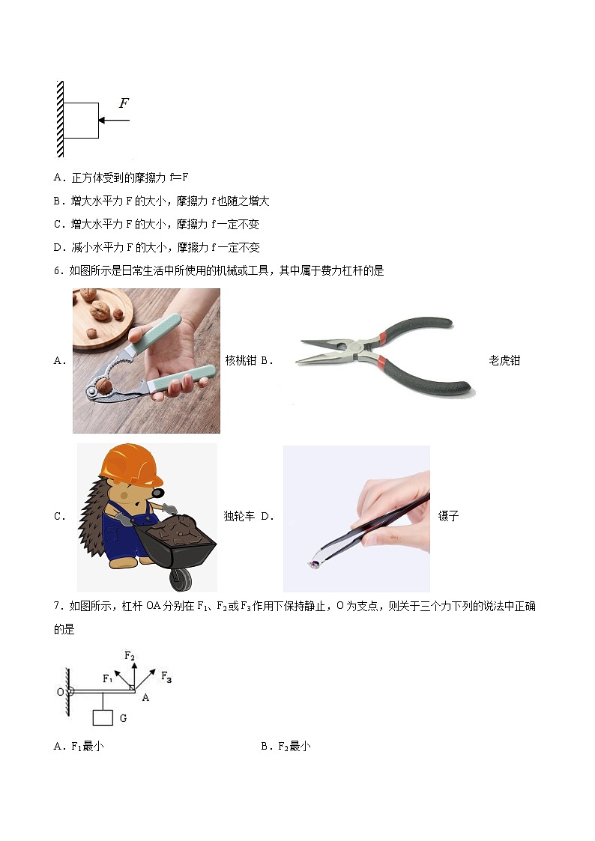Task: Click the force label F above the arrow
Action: coord(124,103)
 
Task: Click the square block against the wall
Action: coord(80,121)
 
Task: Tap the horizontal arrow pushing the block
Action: coord(114,120)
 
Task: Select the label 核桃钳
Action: coord(241,360)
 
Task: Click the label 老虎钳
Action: coord(504,360)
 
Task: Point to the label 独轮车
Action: coord(239,516)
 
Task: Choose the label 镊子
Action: coord(448,516)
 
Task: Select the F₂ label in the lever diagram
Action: coord(130,657)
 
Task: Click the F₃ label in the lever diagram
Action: coord(166,678)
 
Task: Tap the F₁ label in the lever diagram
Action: coord(108,678)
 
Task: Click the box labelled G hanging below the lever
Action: coord(103,717)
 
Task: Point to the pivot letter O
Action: coord(60,691)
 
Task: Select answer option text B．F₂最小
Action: coord(286,746)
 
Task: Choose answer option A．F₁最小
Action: coord(79,746)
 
